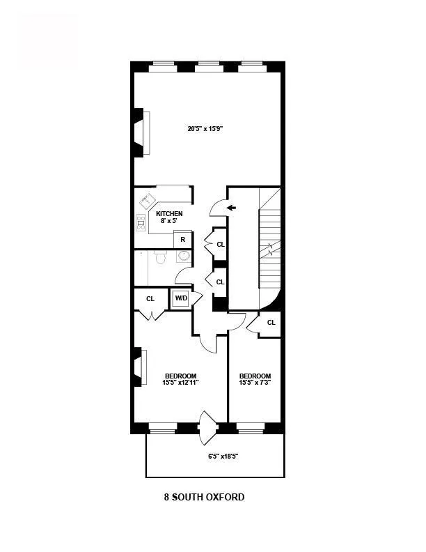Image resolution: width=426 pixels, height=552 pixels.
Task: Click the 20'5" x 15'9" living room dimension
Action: (205, 128)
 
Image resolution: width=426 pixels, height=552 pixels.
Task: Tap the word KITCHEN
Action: (169, 213)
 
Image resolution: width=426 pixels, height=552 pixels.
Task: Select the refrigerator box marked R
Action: (182, 239)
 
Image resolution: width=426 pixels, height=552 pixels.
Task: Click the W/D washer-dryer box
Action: (181, 298)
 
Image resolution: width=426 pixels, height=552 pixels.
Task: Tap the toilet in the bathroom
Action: (159, 259)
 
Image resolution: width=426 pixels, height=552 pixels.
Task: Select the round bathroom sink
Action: (184, 256)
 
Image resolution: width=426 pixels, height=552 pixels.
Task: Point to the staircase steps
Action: (269, 251)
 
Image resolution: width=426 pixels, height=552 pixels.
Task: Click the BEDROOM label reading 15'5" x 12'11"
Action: (180, 379)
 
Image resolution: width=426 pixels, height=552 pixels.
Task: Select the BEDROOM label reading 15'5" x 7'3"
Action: (255, 379)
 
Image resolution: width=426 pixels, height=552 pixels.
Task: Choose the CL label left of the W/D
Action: (150, 298)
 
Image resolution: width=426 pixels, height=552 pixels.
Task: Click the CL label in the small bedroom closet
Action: (271, 322)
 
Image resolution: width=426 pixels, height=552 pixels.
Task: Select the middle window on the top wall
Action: (208, 67)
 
